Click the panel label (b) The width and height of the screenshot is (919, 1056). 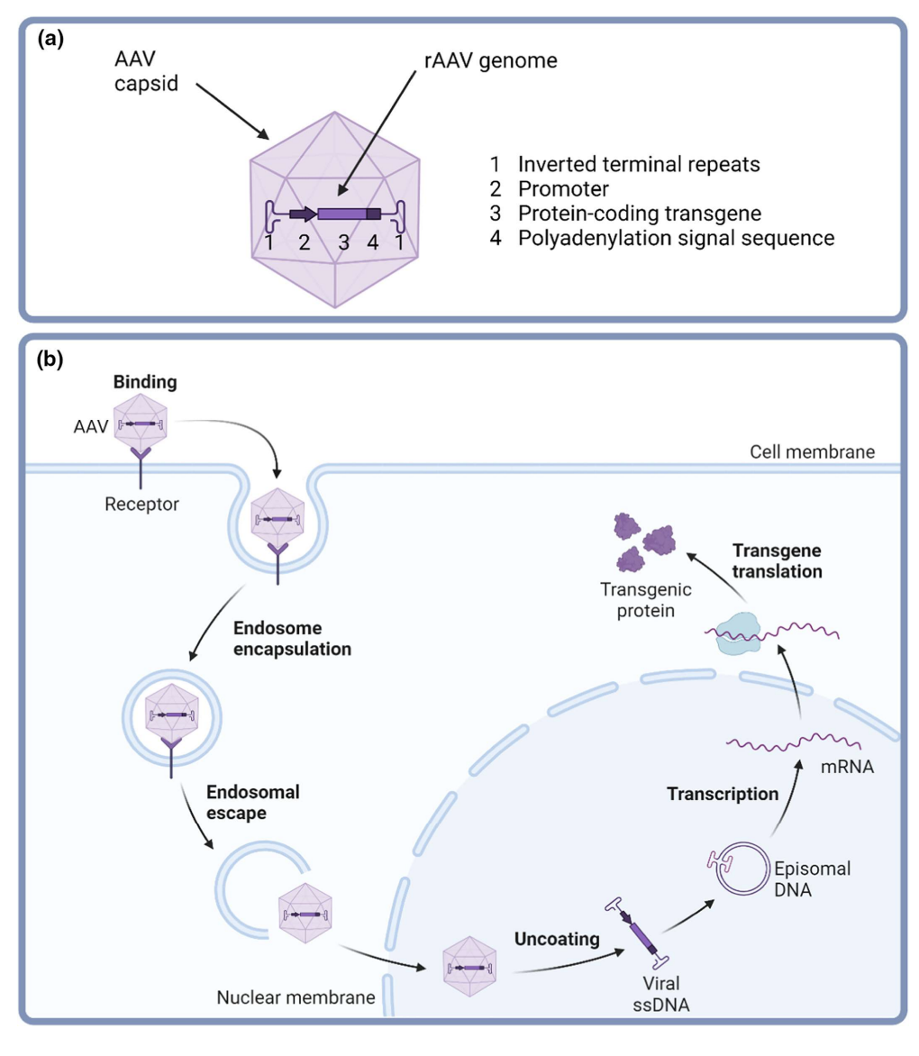tap(50, 360)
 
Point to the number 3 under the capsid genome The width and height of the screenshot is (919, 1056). tap(342, 241)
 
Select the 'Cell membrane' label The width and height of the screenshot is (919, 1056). tap(812, 451)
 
